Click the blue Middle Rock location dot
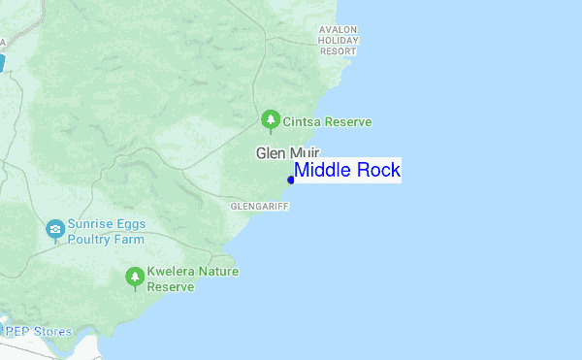point(291,180)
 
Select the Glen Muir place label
point(287,152)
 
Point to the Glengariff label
point(259,207)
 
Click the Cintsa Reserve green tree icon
point(271,121)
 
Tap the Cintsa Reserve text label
point(328,122)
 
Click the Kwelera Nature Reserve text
point(192,279)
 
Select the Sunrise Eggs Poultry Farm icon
point(55,230)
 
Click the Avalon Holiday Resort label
point(339,41)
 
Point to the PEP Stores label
point(39,331)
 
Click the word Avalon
point(339,30)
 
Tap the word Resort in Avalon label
point(339,51)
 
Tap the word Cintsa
point(302,122)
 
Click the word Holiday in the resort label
point(339,41)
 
